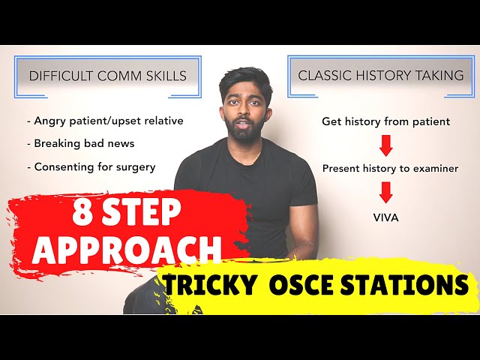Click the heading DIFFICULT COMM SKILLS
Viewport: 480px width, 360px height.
[107, 75]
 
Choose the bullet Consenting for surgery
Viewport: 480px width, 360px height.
[94, 166]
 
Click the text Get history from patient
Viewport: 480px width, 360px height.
[385, 121]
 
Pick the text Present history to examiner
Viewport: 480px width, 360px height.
[390, 169]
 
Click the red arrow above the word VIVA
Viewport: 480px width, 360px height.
[385, 193]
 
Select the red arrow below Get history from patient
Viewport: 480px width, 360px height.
[385, 145]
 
